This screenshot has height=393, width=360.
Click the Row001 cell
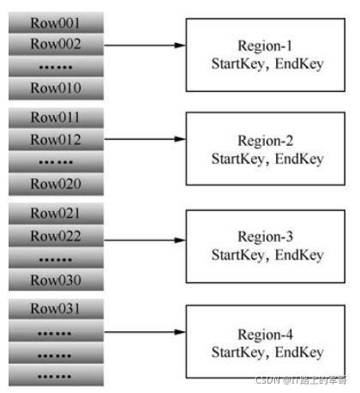pos(56,22)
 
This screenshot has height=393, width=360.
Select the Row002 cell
pos(56,45)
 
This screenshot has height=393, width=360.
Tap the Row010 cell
pos(56,88)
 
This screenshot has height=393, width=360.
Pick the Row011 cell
pos(56,118)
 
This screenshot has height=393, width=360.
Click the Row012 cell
pos(56,140)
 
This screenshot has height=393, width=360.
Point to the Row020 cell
pos(56,184)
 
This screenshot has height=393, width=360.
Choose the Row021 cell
pos(56,214)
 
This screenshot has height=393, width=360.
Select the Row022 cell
pos(56,236)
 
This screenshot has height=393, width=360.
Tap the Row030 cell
pos(56,280)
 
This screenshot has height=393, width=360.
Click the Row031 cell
pos(56,309)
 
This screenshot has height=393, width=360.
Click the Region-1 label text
pos(265,46)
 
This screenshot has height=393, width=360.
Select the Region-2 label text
pos(266,141)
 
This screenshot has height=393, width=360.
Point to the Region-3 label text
pos(266,237)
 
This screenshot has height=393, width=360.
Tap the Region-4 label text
pos(266,335)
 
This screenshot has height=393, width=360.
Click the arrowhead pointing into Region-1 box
pos(181,45)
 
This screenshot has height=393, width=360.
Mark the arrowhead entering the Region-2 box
pos(181,139)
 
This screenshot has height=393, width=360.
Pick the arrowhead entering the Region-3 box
pos(181,240)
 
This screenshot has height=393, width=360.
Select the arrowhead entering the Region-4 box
pos(181,332)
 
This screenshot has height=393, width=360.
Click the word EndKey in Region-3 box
pos(299,255)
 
